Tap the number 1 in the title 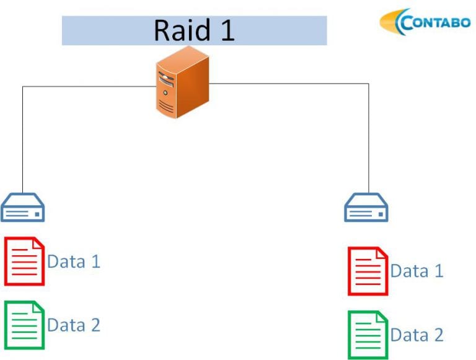[227, 30]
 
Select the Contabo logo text [436, 22]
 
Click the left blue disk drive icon [23, 208]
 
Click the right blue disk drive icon [366, 208]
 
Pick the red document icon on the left [24, 261]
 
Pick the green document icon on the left [24, 325]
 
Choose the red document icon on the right [368, 271]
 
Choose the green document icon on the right [368, 335]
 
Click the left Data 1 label [74, 261]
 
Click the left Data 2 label [74, 325]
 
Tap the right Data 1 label [416, 271]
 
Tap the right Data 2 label [416, 335]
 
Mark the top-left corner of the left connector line [23, 87]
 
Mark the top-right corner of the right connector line [369, 84]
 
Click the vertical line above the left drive [23, 143]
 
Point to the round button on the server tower [165, 92]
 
